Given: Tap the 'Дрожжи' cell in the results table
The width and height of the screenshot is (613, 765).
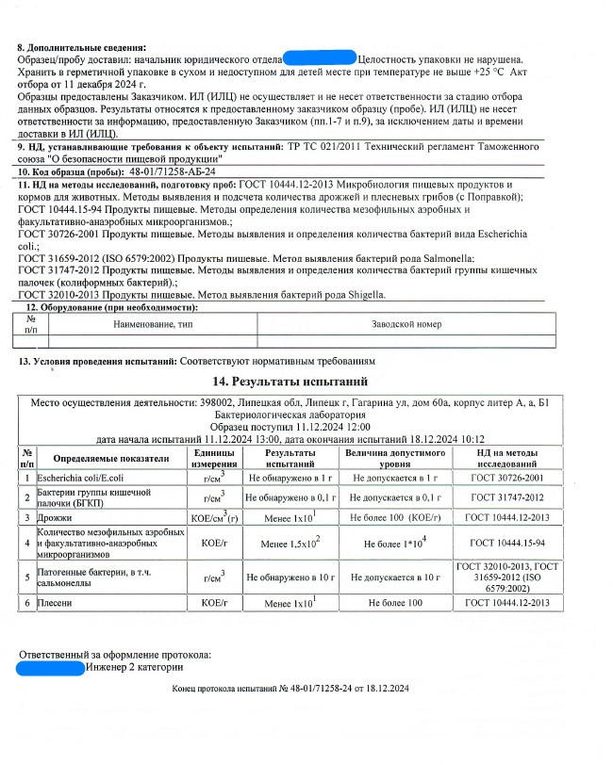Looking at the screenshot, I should [53, 517].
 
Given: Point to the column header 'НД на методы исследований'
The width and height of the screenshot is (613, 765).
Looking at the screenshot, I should [507, 459].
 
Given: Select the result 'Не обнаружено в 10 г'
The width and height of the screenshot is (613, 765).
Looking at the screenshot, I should [290, 575].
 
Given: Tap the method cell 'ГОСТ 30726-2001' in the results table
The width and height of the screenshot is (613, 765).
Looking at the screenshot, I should [507, 479].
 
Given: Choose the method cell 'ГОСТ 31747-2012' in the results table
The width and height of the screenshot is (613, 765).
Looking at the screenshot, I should [507, 496].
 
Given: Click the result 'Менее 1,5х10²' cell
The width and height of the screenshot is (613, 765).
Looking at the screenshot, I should [290, 544].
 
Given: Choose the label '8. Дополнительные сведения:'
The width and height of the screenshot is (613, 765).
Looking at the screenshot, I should [82, 46].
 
